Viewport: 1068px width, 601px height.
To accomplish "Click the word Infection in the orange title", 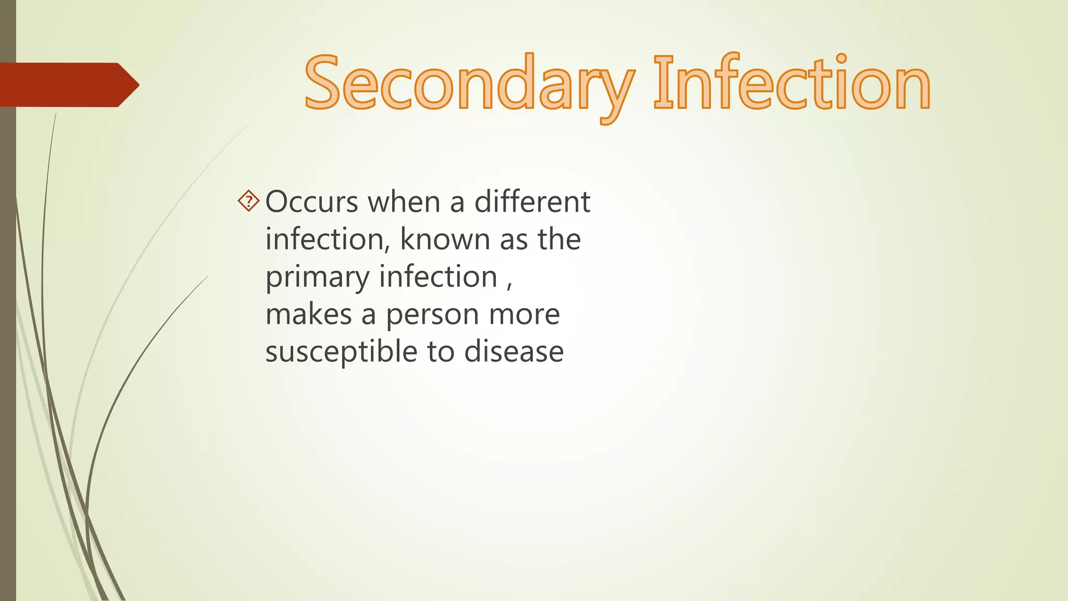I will point(792,83).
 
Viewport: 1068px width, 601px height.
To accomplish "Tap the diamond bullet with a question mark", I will point(249,201).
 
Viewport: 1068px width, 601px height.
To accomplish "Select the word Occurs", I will point(311,202).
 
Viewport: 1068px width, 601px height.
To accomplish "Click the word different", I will point(532,202).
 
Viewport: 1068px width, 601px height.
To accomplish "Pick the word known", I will point(445,239).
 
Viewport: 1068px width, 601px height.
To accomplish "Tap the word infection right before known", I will point(325,239).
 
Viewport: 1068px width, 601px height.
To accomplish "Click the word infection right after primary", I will point(438,277).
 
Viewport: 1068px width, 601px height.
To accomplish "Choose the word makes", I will point(309,315).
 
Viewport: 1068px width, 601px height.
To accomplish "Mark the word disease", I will point(514,352).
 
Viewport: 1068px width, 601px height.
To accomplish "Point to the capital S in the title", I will point(323,83).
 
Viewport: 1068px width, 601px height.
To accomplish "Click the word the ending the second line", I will point(559,239).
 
